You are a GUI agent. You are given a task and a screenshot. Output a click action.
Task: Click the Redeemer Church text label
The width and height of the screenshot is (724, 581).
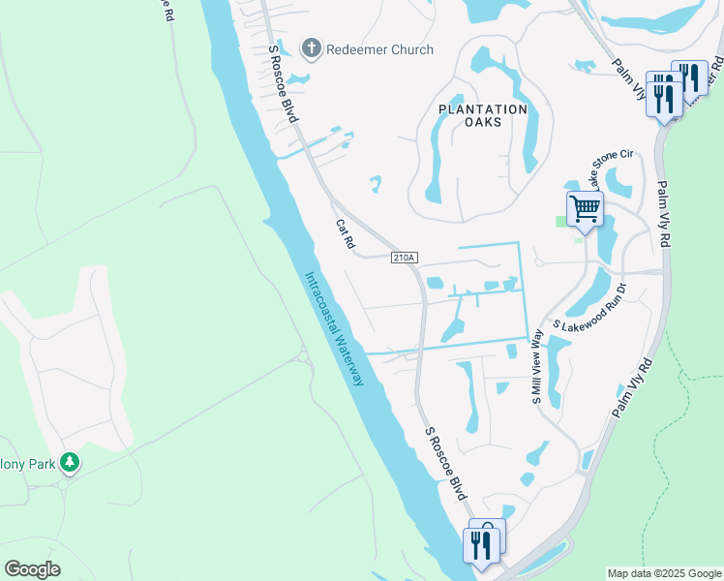379,48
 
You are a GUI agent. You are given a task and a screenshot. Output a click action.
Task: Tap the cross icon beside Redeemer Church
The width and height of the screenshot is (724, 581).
312,47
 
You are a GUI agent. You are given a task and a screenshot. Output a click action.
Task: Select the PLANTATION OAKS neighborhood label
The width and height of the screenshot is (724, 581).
483,115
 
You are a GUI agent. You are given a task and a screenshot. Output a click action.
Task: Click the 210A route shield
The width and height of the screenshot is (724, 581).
404,258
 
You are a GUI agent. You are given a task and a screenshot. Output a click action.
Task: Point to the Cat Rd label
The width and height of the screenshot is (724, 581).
345,233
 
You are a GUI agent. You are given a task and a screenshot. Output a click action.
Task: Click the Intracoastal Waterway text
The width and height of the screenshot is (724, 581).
335,329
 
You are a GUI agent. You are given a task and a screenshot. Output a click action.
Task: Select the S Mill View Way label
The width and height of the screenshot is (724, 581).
536,367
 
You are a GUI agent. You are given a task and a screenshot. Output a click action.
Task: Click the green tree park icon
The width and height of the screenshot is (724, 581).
69,463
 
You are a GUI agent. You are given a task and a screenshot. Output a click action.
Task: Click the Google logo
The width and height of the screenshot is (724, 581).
32,569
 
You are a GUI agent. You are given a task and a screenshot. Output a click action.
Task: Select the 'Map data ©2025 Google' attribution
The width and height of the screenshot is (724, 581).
663,573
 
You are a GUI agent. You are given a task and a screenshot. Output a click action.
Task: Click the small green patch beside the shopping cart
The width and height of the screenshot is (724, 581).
561,222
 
